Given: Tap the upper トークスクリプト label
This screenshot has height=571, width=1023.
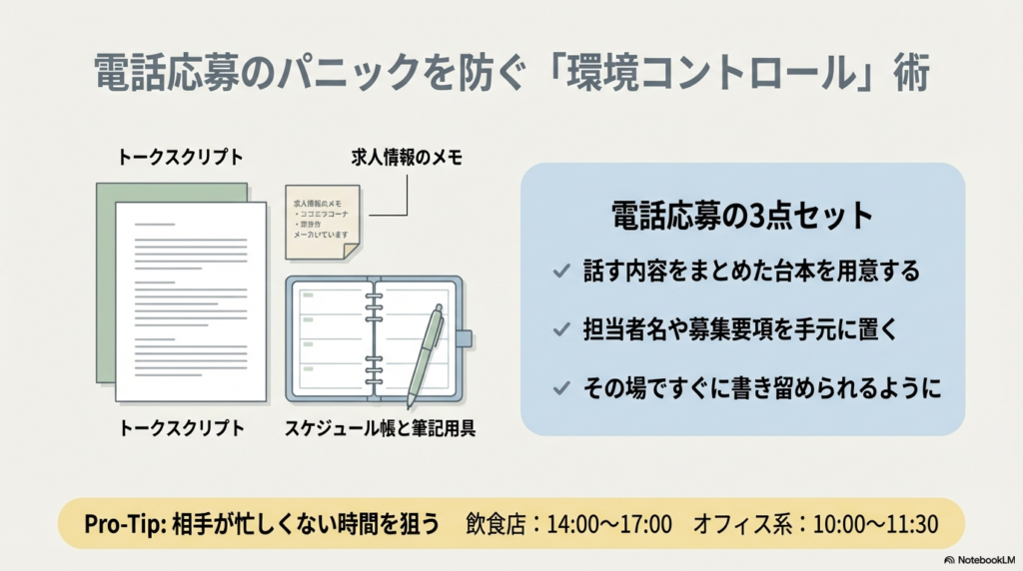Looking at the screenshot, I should point(180,158).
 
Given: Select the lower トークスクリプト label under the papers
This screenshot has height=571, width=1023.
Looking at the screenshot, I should point(181,428).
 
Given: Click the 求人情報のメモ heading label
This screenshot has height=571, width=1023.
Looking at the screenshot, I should point(406,158).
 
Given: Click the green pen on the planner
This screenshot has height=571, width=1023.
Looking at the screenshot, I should point(425,353).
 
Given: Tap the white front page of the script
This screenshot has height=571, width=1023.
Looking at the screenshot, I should point(190,299).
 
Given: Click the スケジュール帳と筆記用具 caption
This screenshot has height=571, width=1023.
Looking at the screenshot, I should point(382,428).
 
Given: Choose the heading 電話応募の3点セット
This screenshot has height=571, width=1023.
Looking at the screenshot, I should point(742,217).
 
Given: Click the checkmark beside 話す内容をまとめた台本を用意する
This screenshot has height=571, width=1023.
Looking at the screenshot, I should point(559,272).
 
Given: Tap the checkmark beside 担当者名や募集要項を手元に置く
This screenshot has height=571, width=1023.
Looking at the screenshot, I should point(559,329).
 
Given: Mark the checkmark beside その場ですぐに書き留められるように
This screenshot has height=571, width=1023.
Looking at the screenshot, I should point(559,387).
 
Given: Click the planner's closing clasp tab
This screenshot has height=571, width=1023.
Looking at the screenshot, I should point(466,336).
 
